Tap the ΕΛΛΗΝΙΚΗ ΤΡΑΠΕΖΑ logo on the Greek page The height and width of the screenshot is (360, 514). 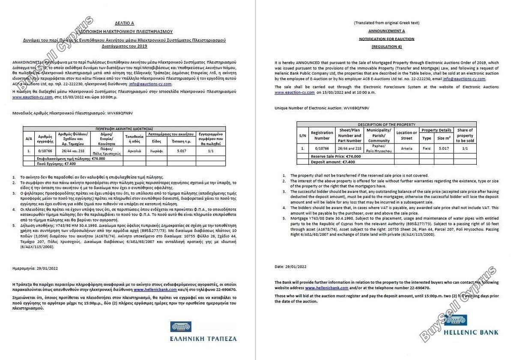203,332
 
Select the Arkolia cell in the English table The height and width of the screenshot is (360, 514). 406,148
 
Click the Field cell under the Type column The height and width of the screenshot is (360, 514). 427,148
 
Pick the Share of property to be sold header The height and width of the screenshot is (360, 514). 465,135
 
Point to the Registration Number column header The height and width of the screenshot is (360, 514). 322,135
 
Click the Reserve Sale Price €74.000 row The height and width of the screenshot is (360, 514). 336,156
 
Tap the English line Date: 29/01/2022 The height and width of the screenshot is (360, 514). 290,267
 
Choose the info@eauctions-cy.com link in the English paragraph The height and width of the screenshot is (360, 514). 465,79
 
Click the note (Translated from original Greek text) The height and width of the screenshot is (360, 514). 386,23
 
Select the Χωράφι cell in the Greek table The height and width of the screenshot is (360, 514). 156,151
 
